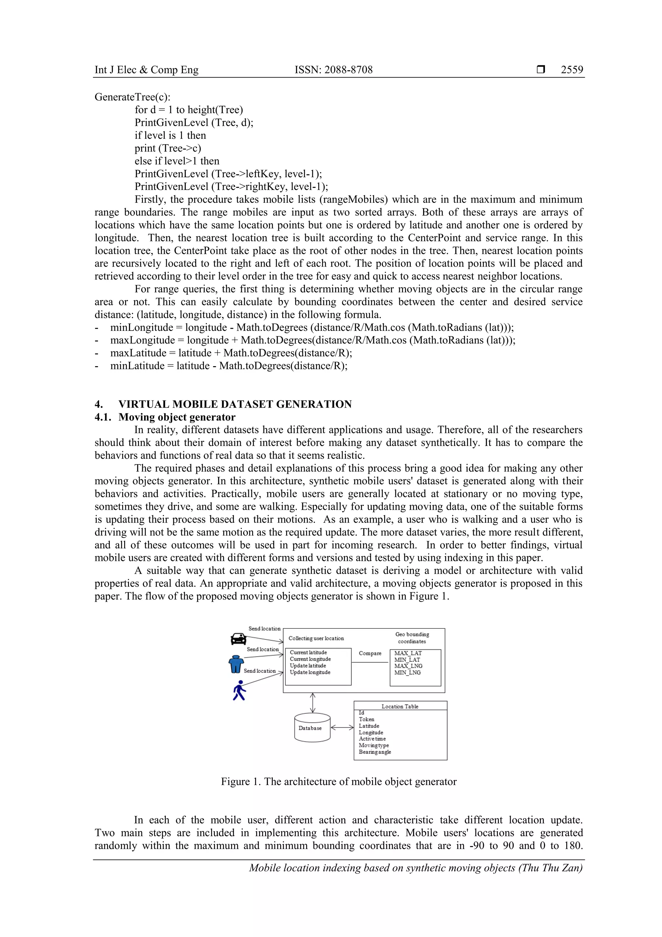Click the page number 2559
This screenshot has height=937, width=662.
[571, 70]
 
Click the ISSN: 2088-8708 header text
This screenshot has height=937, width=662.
[333, 70]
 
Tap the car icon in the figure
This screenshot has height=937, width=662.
[238, 639]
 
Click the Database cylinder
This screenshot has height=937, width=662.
[312, 728]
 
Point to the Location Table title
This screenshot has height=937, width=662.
[400, 706]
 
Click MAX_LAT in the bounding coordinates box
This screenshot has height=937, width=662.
[408, 653]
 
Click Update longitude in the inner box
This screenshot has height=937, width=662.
[310, 672]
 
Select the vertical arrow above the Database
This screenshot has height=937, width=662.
[313, 703]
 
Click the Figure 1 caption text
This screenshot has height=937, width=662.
[338, 781]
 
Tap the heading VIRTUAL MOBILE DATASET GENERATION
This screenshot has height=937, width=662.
[235, 404]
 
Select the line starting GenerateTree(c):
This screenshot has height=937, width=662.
[133, 97]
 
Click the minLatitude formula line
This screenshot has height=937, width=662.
[229, 366]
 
